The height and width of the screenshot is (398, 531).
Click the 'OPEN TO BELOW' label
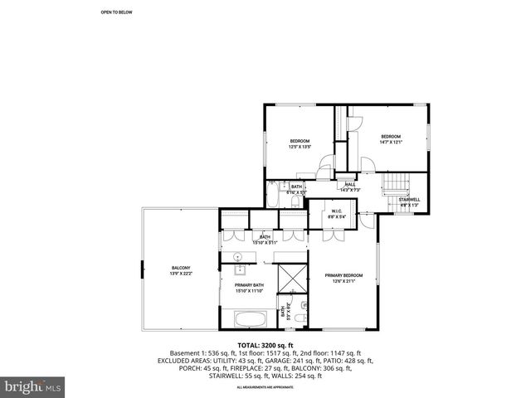pos(116,12)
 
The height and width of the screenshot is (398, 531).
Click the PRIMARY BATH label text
pos(249,288)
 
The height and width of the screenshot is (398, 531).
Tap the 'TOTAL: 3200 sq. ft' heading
pos(265,345)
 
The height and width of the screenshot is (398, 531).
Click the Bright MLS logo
pos(33,386)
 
